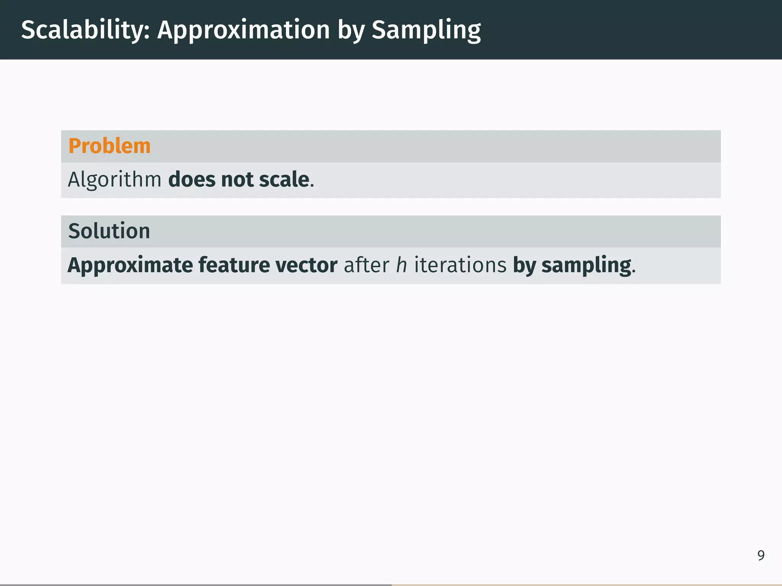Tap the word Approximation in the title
pos(243,30)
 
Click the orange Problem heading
pos(109,146)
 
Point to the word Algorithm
pos(115,179)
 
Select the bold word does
pos(192,179)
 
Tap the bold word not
pos(237,179)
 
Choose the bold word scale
pos(284,179)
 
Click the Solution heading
pos(109,231)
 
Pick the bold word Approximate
pos(130,265)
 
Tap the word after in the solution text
pos(366,265)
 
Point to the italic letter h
pos(401,265)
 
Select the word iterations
pos(460,265)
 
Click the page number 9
pos(761,555)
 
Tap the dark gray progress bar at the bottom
pos(195,584)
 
